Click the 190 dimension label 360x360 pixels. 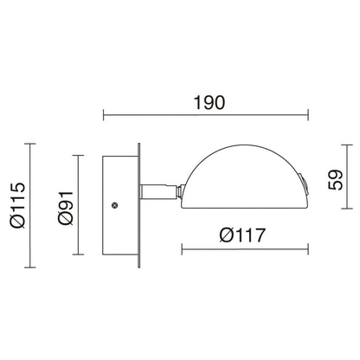click(209, 103)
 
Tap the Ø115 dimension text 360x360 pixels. click(18, 205)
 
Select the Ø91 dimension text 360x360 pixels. click(66, 208)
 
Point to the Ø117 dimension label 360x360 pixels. click(242, 235)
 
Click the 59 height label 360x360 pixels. click(335, 179)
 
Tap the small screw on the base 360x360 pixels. click(115, 205)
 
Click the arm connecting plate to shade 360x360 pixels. click(158, 192)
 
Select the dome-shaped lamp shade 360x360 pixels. click(244, 177)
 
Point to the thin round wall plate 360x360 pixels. click(139, 205)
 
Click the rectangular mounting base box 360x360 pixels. click(120, 205)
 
